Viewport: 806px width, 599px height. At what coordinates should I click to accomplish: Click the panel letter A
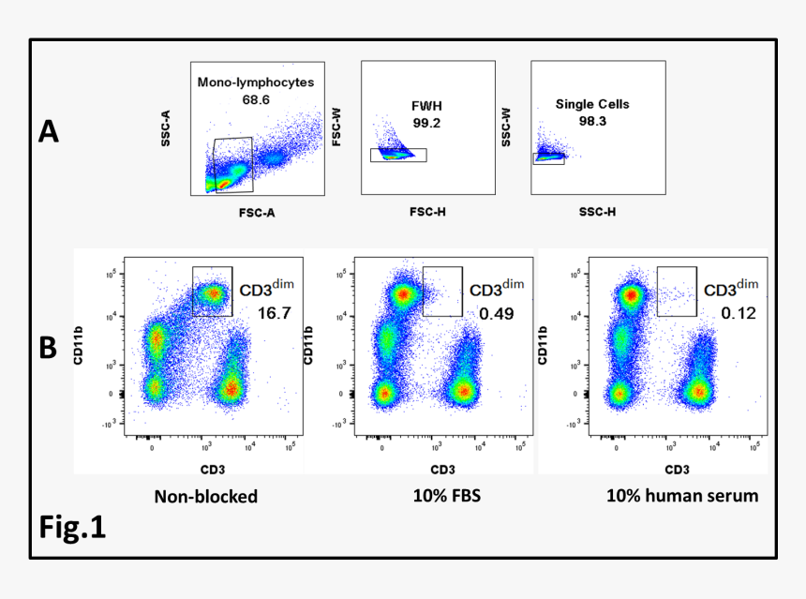(49, 132)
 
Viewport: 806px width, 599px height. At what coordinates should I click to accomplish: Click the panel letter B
(49, 347)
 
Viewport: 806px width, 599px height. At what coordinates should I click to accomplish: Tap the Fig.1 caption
(72, 527)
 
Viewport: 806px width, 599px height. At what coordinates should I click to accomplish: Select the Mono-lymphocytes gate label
(255, 82)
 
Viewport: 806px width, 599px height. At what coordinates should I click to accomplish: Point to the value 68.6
(255, 98)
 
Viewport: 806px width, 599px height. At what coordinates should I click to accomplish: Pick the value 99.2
(425, 123)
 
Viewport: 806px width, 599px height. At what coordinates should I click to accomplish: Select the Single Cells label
(592, 104)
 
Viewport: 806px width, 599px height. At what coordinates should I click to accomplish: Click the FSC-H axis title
(426, 212)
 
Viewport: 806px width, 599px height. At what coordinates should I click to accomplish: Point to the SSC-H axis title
(597, 212)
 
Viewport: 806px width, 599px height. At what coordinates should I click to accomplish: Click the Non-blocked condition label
(206, 496)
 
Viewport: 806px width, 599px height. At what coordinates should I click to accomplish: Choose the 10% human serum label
(682, 496)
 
